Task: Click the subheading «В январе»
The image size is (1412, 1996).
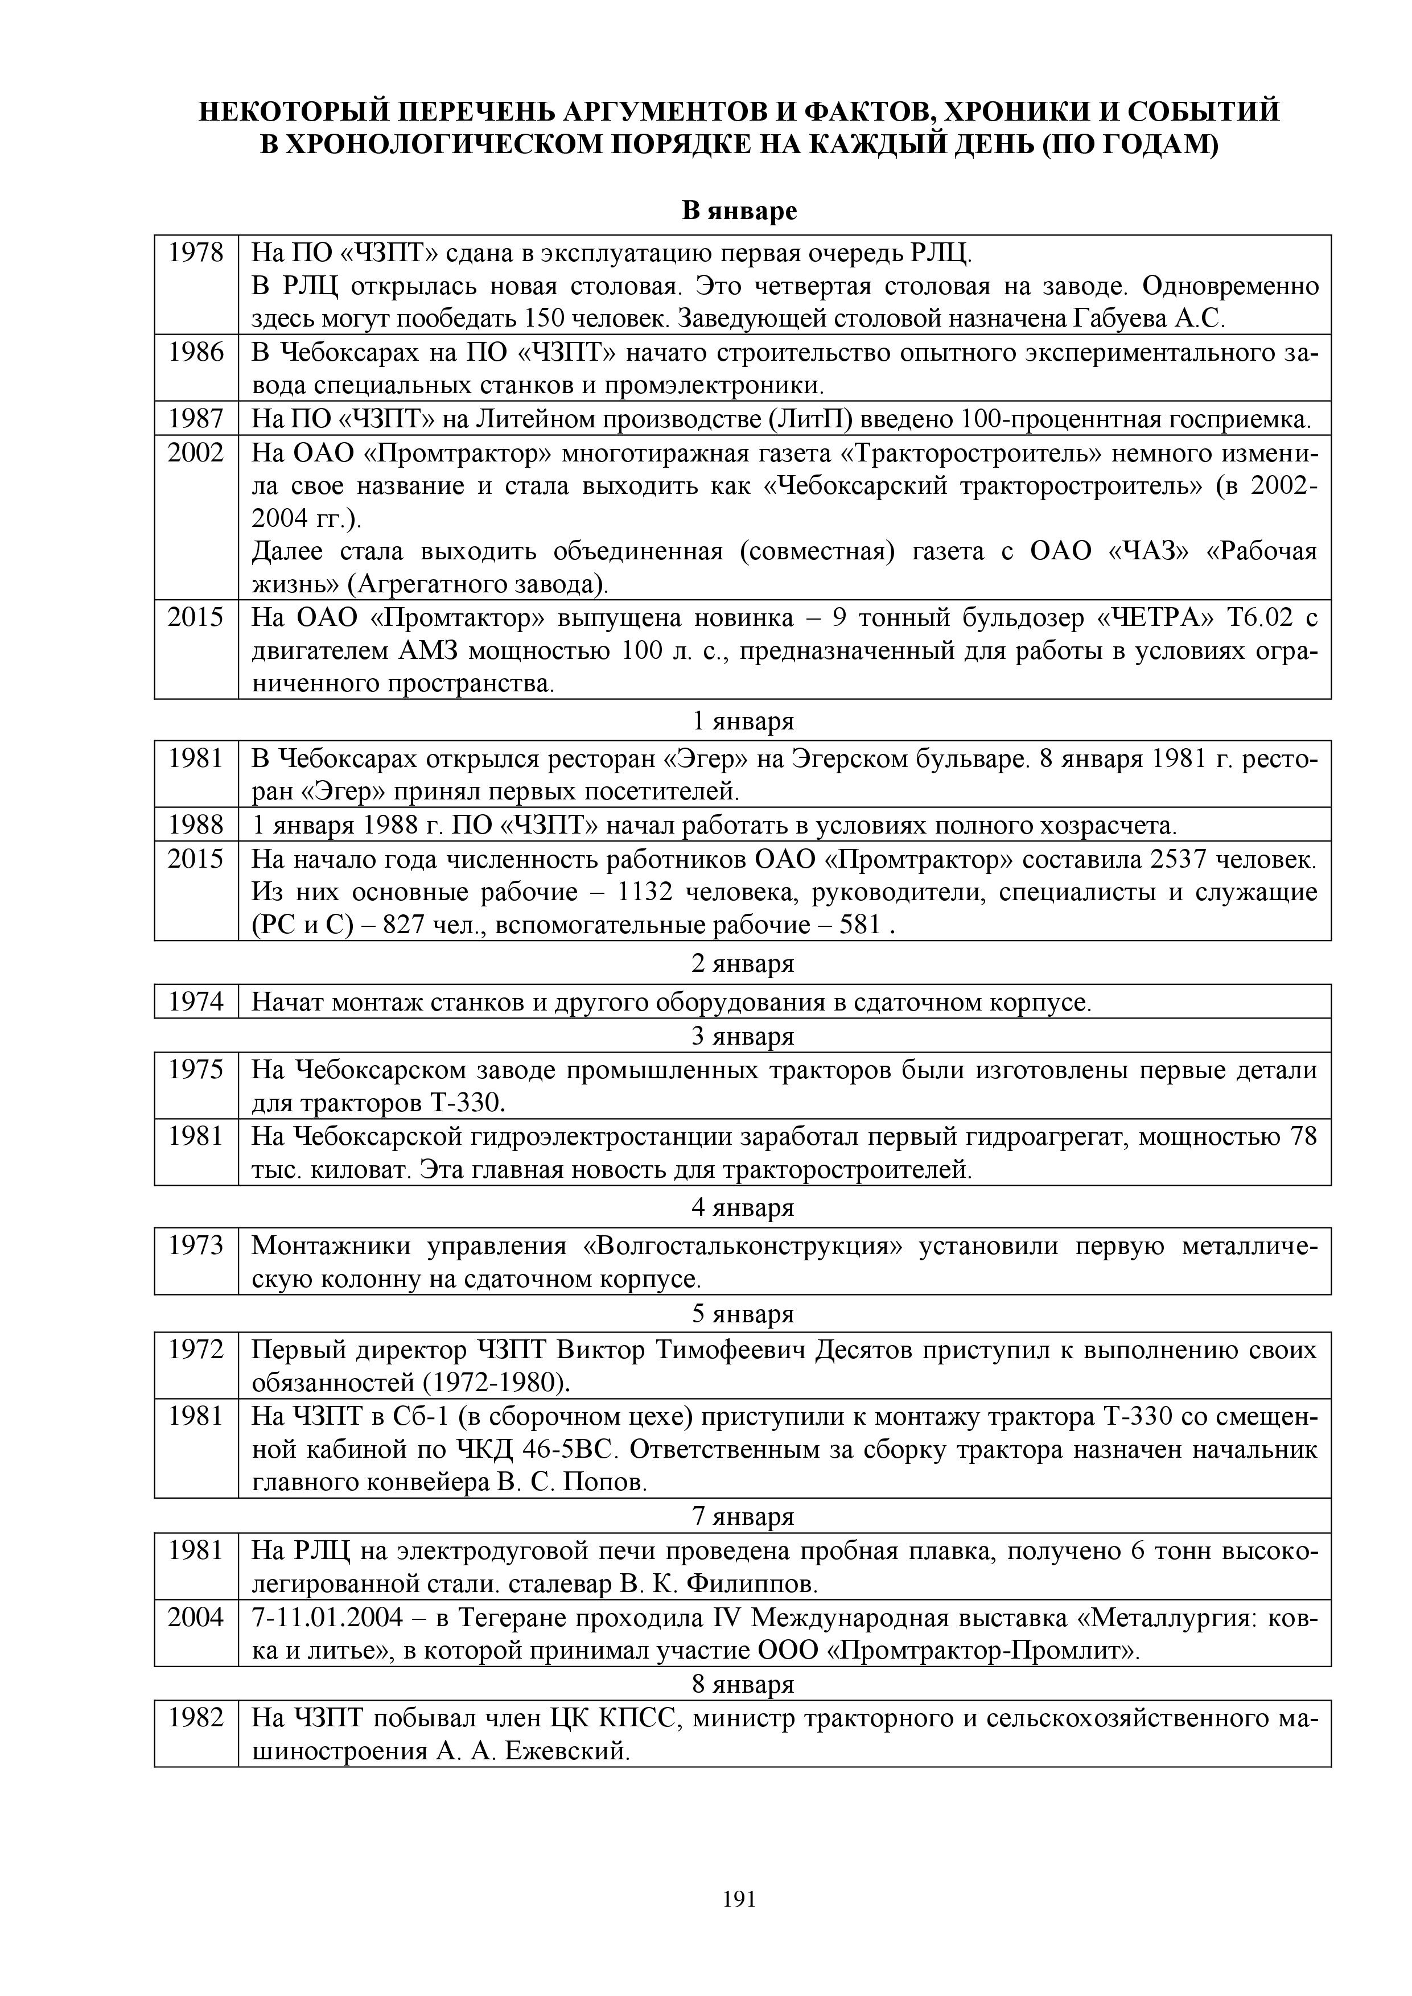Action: [x=739, y=211]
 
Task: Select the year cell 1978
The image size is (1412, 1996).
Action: [x=196, y=253]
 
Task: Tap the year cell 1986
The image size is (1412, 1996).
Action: [x=196, y=352]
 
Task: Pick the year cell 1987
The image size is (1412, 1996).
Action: [x=196, y=419]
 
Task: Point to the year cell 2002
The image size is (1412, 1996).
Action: [x=196, y=453]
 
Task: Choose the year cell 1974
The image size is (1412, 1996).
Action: [x=196, y=1003]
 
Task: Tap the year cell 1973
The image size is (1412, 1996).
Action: [x=196, y=1246]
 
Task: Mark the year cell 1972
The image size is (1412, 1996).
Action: [x=196, y=1350]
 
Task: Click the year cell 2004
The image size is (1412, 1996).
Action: [x=196, y=1618]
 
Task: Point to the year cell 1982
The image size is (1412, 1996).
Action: [x=196, y=1719]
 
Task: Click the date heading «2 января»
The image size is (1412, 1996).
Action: [x=743, y=964]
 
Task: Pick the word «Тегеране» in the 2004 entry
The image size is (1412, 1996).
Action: [x=514, y=1618]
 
